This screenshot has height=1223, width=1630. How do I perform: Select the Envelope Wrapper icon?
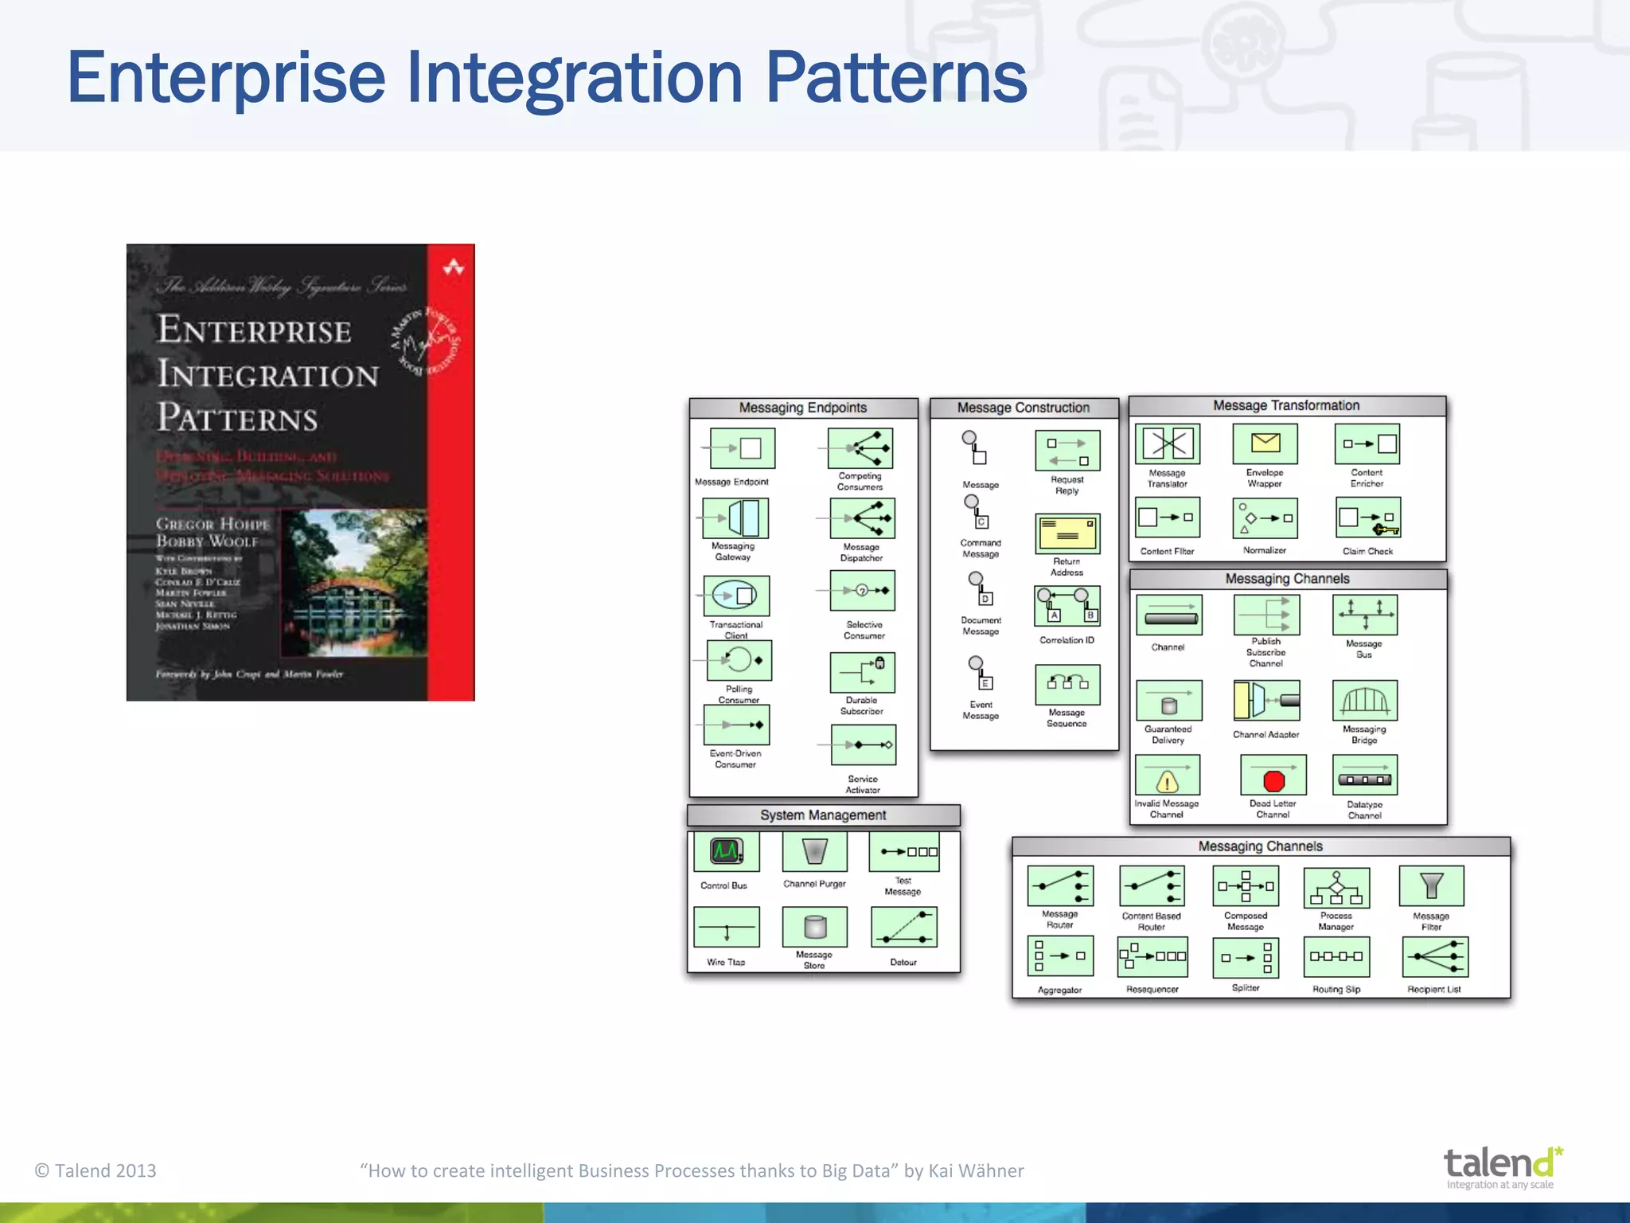click(1265, 443)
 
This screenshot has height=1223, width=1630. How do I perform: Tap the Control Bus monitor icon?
click(726, 851)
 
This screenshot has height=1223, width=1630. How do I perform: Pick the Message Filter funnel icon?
click(1431, 886)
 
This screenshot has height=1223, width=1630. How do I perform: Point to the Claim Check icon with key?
click(1368, 518)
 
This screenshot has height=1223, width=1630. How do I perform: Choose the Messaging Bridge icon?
click(1365, 701)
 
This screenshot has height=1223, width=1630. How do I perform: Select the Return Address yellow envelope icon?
click(1067, 533)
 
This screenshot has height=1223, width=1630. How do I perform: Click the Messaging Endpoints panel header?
click(803, 408)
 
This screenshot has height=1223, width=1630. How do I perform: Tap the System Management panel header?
click(823, 815)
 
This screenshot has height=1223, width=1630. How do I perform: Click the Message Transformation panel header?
click(1286, 405)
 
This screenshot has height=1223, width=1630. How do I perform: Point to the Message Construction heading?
click(1024, 408)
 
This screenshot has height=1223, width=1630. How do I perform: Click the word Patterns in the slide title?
click(896, 78)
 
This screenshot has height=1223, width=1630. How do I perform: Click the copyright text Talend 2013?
click(96, 1170)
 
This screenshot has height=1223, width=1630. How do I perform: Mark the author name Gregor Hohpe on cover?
click(213, 524)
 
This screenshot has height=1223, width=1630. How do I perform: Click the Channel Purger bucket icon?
click(814, 851)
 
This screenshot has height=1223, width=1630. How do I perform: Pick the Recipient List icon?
click(1435, 957)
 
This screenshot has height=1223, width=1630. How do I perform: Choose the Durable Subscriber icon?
click(862, 673)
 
